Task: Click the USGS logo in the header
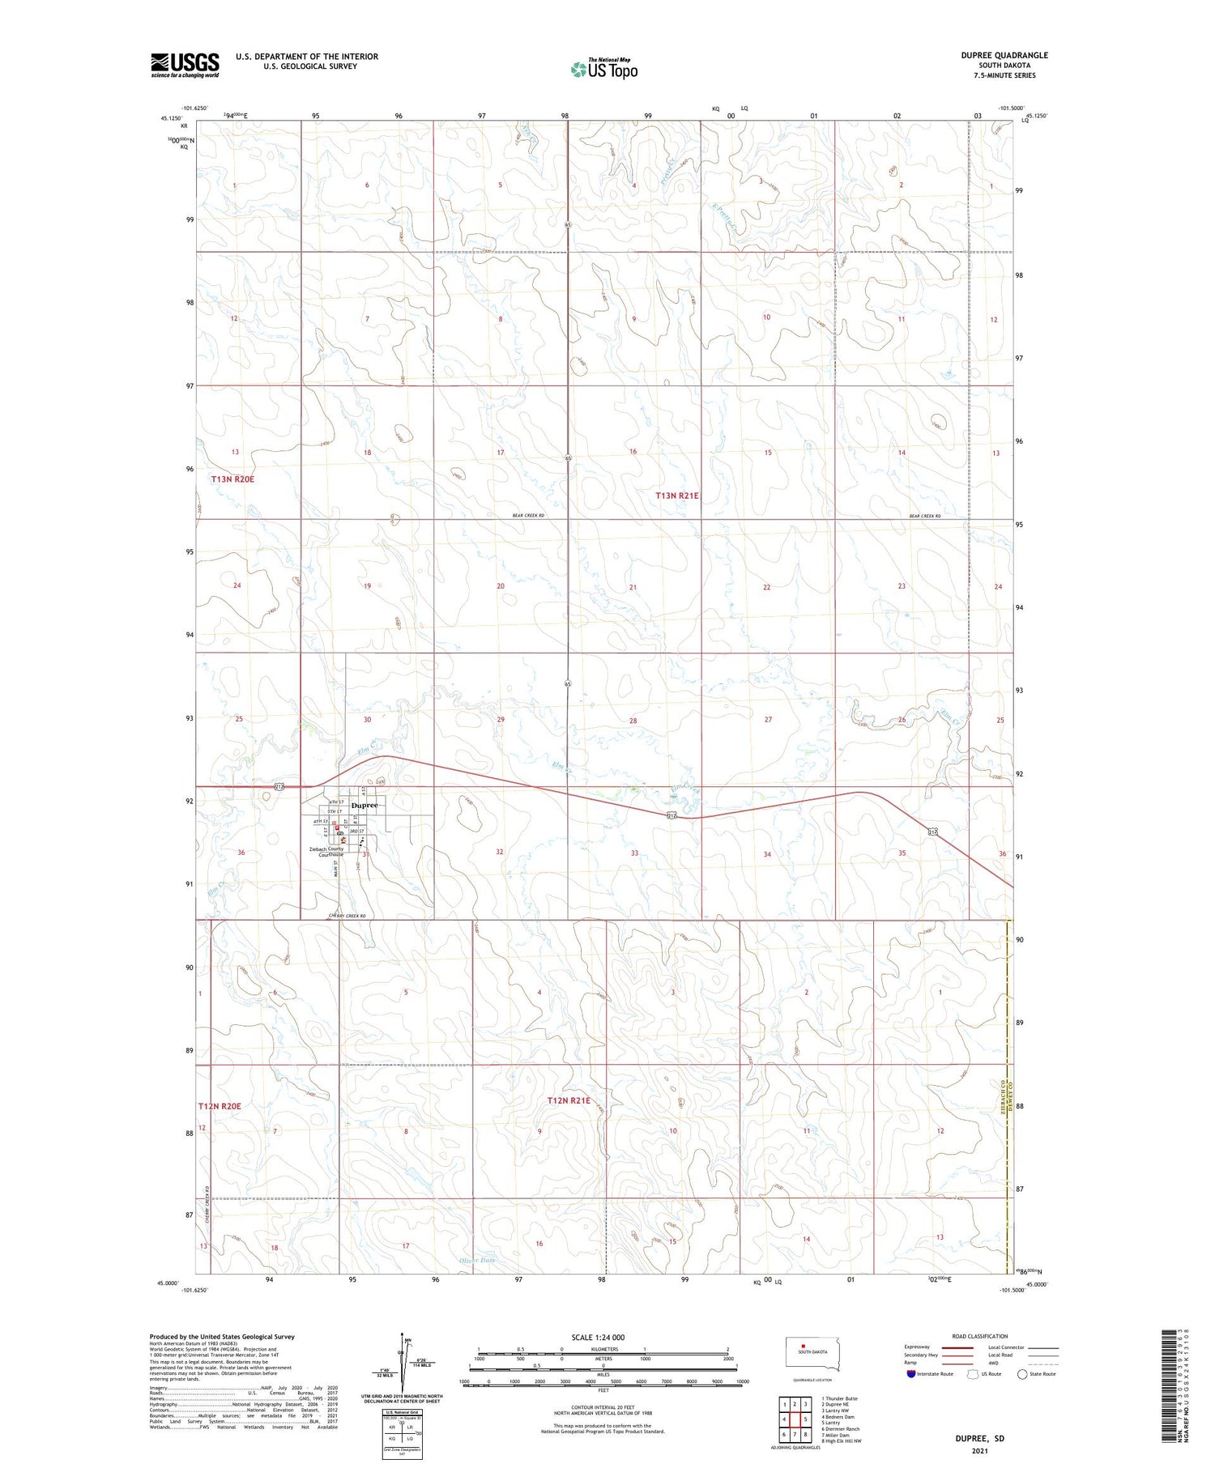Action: pyautogui.click(x=185, y=65)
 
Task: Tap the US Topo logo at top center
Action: pyautogui.click(x=603, y=70)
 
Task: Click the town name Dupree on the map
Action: pyautogui.click(x=364, y=806)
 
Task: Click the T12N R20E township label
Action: pyautogui.click(x=220, y=1106)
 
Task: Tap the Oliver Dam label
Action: pyautogui.click(x=476, y=1261)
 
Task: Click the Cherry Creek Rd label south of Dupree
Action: pyautogui.click(x=347, y=916)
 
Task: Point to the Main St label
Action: pyautogui.click(x=335, y=869)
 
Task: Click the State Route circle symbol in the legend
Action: pyautogui.click(x=1022, y=1373)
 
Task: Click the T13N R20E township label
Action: pyautogui.click(x=232, y=479)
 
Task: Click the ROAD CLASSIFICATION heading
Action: pyautogui.click(x=980, y=1336)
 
